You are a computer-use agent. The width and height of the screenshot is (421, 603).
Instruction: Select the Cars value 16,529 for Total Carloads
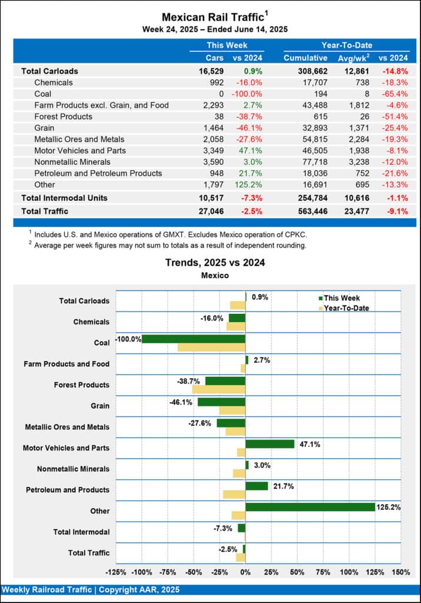click(x=210, y=71)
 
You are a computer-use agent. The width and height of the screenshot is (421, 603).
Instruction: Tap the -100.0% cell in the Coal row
click(x=248, y=94)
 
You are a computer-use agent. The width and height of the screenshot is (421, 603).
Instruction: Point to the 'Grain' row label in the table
click(x=45, y=128)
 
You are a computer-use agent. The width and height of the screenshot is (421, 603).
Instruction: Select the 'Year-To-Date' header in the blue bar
click(x=346, y=45)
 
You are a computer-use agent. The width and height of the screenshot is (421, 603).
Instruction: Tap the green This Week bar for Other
click(x=310, y=506)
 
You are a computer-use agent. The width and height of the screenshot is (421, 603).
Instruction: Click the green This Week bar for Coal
click(x=193, y=339)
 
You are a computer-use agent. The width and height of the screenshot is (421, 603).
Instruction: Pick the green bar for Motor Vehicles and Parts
click(x=269, y=444)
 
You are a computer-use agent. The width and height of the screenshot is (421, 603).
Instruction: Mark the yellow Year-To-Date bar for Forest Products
click(x=219, y=389)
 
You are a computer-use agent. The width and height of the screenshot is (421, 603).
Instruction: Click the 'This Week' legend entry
click(x=339, y=298)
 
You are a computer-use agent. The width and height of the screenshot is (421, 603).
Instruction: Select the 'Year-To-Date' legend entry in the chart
click(x=343, y=307)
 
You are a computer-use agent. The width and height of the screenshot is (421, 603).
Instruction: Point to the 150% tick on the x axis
click(x=400, y=572)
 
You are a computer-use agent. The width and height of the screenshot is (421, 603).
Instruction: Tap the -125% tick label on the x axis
click(x=116, y=572)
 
